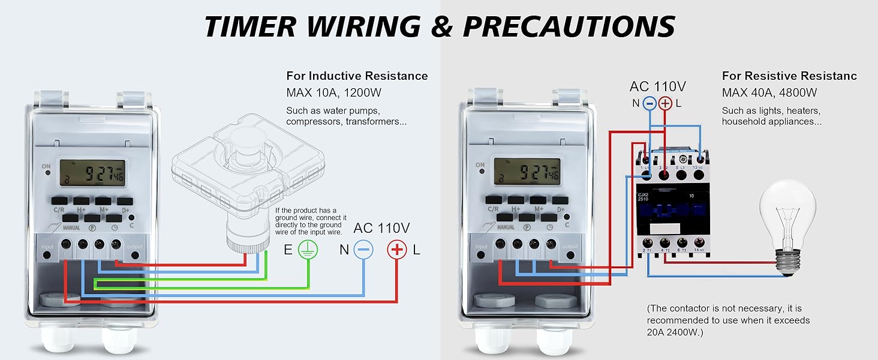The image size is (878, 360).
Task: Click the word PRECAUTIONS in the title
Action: pos(569,26)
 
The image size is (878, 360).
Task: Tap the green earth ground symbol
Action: pos(307,250)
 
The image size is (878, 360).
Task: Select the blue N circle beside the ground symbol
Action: pos(363,250)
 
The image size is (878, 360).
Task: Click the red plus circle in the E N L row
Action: pos(397,250)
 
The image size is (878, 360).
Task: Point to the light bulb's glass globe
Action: pos(788,210)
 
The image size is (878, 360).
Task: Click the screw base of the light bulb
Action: pos(787,260)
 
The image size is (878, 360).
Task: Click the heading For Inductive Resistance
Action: pos(357,76)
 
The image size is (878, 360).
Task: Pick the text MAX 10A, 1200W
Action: pos(334,93)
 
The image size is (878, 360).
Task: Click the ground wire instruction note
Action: pos(309,221)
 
